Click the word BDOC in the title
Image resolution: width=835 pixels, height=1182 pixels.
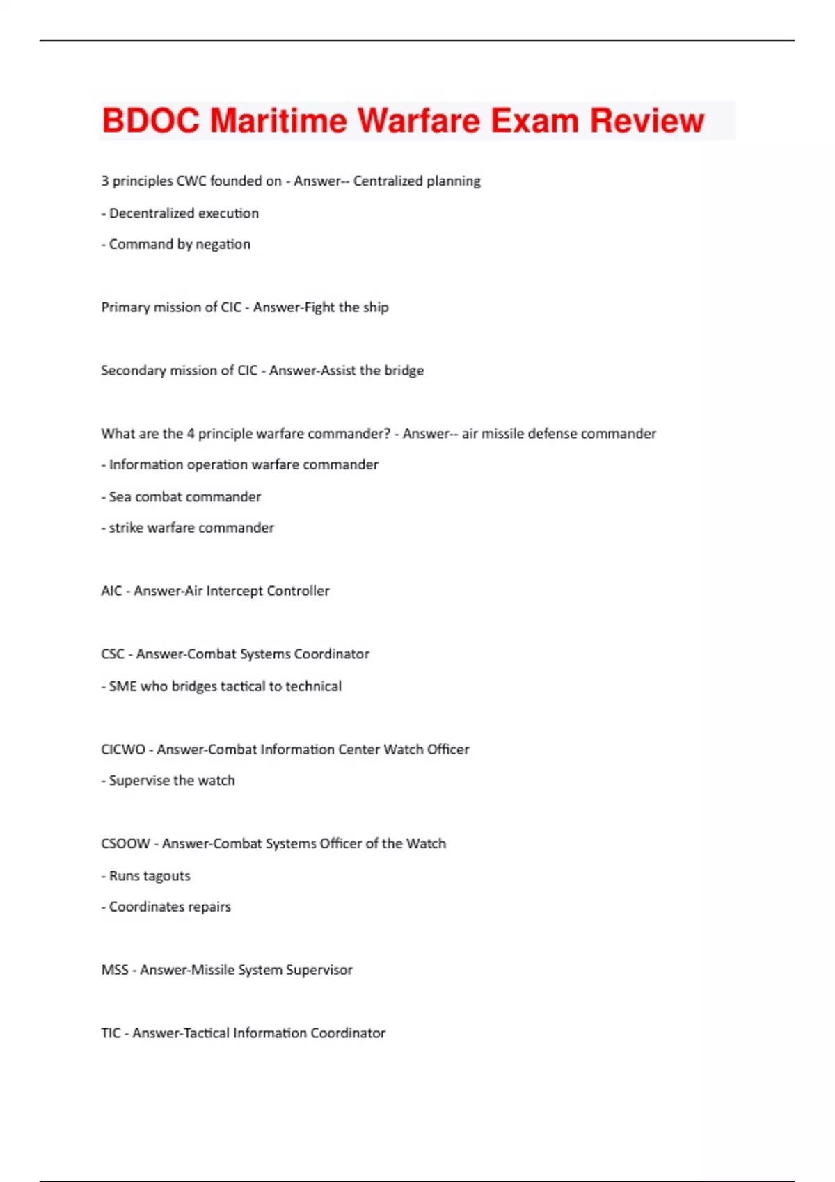click(x=150, y=121)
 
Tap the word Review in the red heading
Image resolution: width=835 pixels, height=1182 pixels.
click(x=647, y=121)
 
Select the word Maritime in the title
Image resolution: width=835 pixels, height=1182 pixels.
click(x=278, y=121)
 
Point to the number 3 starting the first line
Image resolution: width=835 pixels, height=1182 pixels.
click(x=105, y=181)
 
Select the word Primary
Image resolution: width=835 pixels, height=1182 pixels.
click(x=122, y=307)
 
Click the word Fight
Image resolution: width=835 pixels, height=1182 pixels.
click(x=320, y=307)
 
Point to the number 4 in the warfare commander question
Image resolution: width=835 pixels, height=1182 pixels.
click(x=190, y=434)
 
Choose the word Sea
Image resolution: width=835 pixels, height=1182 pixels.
click(x=120, y=497)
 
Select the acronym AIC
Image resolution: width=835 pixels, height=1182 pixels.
click(x=111, y=591)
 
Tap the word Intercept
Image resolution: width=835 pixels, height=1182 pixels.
click(x=234, y=591)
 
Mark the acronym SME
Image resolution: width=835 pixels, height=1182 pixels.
click(x=122, y=686)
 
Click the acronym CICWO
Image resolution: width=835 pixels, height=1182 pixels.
click(x=123, y=750)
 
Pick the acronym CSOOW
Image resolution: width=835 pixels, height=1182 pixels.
click(x=125, y=844)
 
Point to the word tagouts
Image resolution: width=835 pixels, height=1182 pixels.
click(x=167, y=876)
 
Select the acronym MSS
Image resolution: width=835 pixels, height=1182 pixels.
click(x=115, y=970)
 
